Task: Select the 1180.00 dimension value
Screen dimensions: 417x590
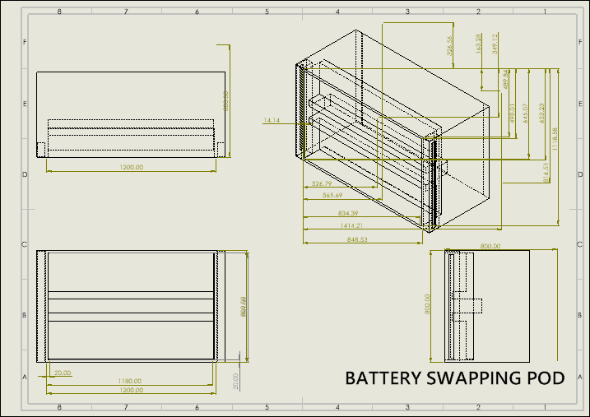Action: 130,381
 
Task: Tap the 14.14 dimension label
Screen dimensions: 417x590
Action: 272,121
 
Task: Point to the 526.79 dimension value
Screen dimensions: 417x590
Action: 322,183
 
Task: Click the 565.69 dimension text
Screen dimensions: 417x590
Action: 332,195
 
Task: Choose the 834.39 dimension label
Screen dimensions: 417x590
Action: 337,213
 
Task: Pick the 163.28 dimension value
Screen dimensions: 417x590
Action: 479,42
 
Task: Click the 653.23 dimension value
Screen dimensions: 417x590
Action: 541,113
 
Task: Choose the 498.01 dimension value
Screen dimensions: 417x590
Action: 513,114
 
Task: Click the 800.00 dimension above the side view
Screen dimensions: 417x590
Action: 490,246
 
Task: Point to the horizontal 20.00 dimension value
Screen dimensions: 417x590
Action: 63,373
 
